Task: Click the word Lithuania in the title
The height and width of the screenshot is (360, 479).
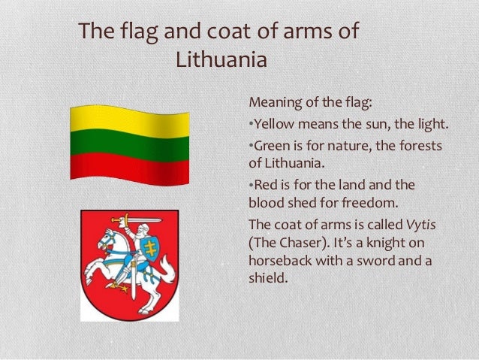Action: [221, 59]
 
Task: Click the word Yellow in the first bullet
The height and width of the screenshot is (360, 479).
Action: [273, 123]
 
